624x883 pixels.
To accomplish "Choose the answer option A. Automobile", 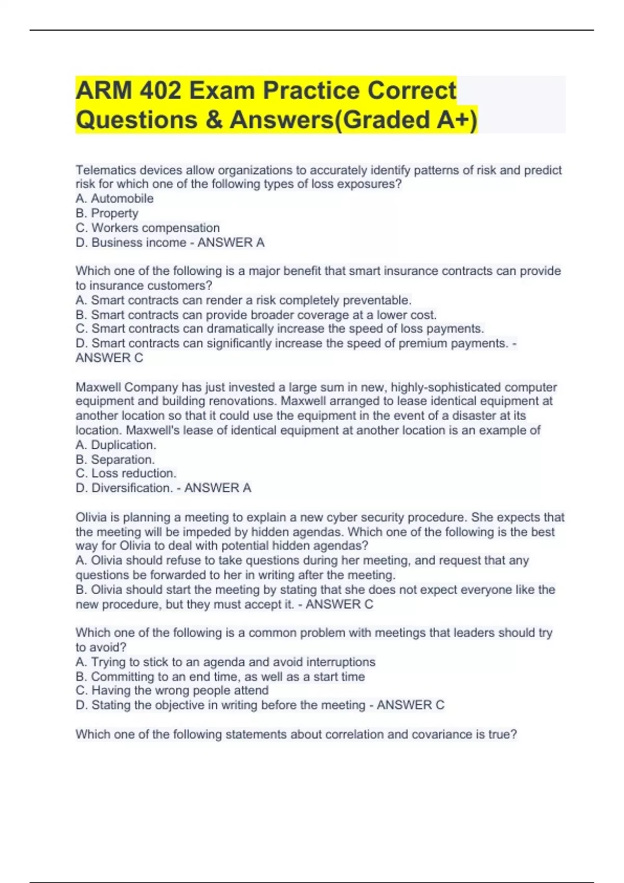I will tap(114, 198).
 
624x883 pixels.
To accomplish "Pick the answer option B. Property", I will tap(107, 213).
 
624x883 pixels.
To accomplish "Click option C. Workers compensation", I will tap(148, 228).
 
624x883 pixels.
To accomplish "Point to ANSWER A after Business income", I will tap(231, 242).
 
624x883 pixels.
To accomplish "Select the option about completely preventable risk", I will tap(243, 300).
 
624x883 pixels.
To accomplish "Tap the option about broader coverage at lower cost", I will tap(256, 315).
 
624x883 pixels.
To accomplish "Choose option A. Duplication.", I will tap(116, 445).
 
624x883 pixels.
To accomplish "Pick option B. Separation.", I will tap(115, 459).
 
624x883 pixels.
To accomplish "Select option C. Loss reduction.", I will tap(126, 473).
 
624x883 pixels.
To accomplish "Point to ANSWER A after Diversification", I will tap(218, 488).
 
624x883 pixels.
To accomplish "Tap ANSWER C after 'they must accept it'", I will tap(340, 604).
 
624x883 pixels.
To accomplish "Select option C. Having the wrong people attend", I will tap(172, 690).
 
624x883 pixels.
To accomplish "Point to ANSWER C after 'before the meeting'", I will tap(411, 705).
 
